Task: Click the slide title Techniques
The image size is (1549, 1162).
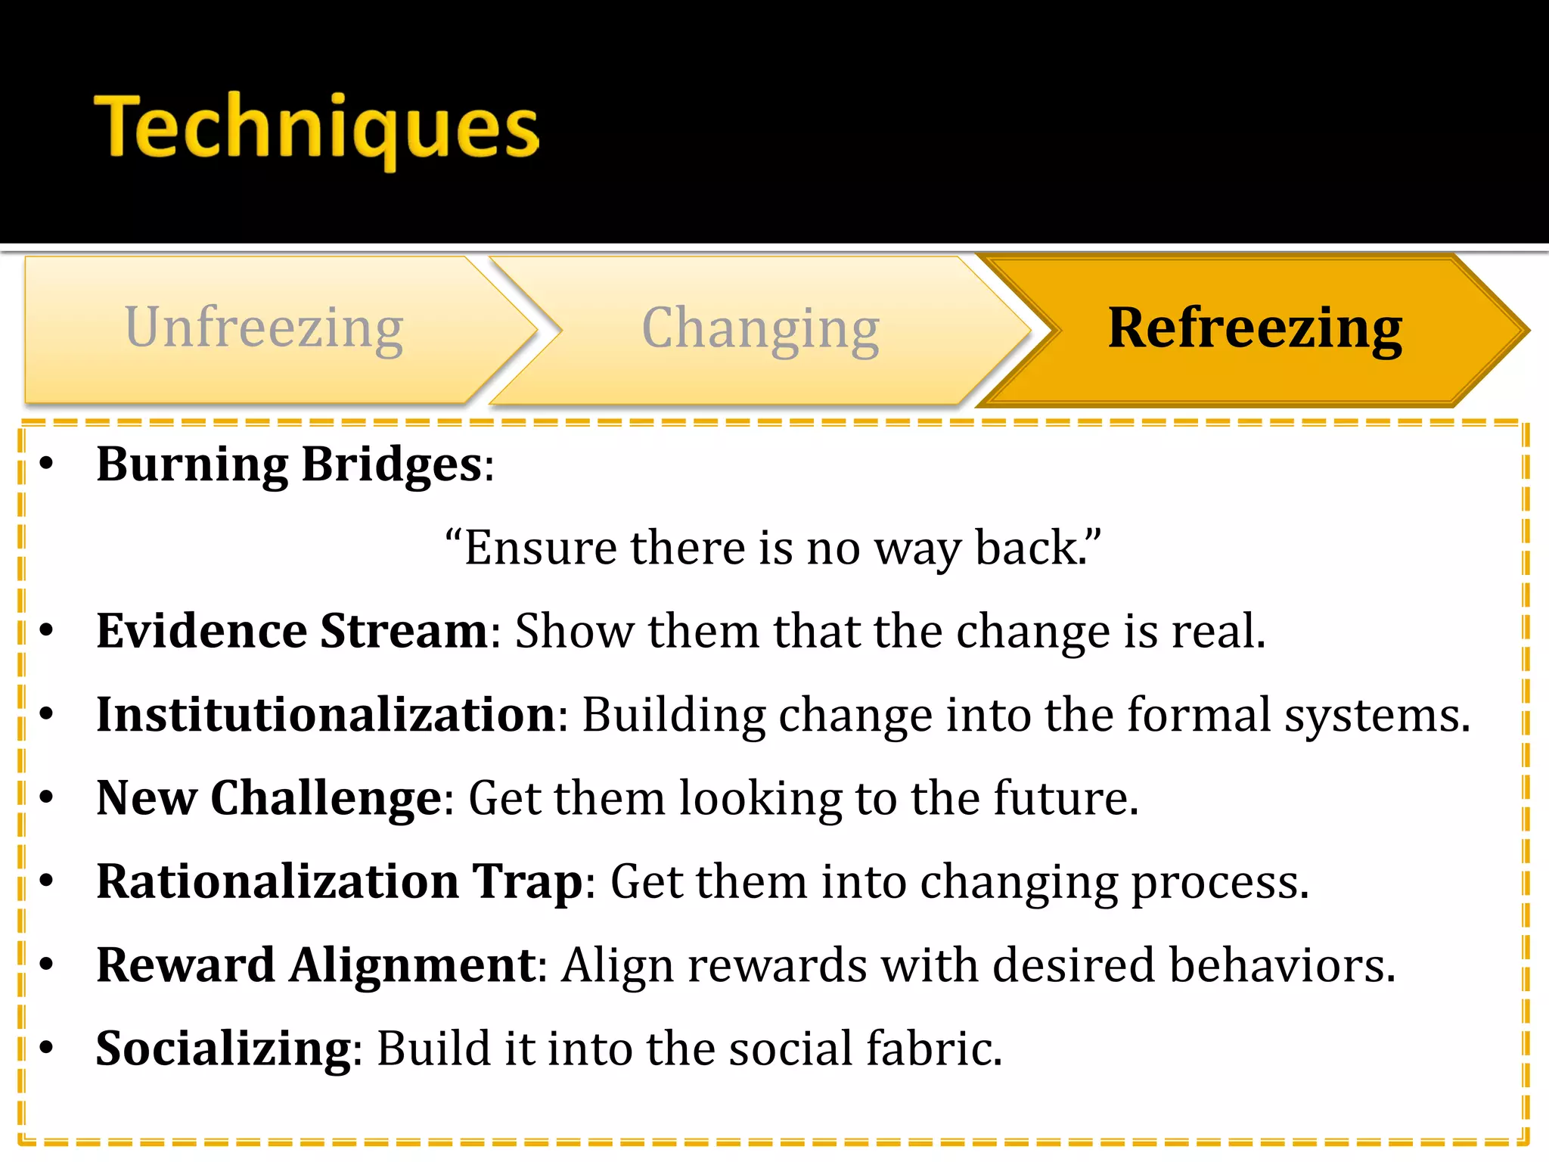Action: tap(316, 127)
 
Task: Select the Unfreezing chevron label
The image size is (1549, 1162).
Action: tap(264, 328)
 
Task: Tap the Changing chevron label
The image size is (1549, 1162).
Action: tap(760, 328)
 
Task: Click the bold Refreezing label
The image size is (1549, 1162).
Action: tap(1254, 328)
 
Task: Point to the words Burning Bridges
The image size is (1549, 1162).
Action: tap(290, 464)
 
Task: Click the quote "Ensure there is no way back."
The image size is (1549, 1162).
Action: tap(773, 548)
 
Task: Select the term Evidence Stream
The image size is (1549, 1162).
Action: tap(292, 631)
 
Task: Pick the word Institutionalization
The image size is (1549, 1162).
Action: tap(326, 714)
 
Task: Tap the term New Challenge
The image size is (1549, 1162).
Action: tap(269, 798)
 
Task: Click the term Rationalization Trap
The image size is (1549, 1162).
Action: tap(340, 881)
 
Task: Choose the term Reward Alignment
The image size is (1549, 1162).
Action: tap(316, 965)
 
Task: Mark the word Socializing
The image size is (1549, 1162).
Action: tap(224, 1049)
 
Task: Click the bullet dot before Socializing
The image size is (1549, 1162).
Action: tap(47, 1048)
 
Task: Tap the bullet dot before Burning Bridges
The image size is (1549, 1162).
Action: tap(47, 464)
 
